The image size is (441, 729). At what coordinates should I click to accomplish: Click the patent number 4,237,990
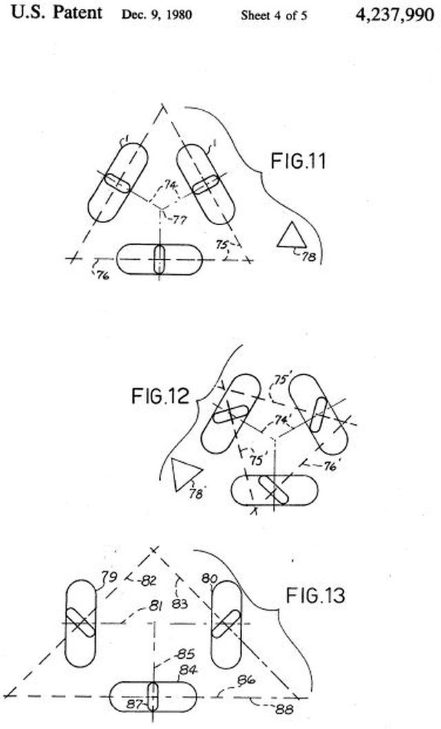(x=394, y=14)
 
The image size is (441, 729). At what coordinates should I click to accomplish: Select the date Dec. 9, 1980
(x=156, y=15)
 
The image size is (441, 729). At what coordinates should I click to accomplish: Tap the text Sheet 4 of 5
(x=274, y=15)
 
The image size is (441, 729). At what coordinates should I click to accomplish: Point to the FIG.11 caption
(x=298, y=161)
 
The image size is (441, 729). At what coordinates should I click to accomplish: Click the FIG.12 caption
(x=161, y=396)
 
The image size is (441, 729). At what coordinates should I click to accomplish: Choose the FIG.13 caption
(x=316, y=595)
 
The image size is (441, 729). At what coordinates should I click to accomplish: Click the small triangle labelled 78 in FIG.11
(x=291, y=235)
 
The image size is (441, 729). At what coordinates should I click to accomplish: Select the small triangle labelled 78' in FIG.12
(x=185, y=474)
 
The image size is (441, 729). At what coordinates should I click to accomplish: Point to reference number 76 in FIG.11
(x=103, y=275)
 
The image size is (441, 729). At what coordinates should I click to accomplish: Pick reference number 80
(x=209, y=578)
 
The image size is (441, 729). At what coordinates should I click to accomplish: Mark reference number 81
(x=155, y=606)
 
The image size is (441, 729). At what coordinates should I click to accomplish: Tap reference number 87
(x=134, y=704)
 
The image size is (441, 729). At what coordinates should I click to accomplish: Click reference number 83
(x=179, y=604)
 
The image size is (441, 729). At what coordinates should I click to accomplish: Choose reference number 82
(x=147, y=580)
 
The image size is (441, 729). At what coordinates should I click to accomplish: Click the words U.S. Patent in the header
(x=57, y=12)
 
